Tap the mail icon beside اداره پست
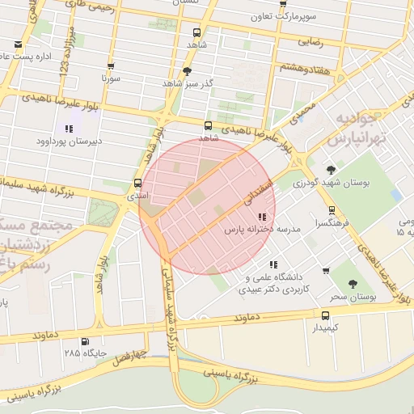point(18,44)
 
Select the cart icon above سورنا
point(110,67)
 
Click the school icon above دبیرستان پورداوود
point(69,129)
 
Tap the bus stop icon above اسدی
point(137,184)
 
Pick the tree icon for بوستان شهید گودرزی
point(331,170)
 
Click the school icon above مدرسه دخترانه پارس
point(261,217)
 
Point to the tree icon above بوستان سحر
point(352,284)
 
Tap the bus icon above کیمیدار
point(325,315)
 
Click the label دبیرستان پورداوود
point(69,142)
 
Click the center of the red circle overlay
point(208,206)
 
